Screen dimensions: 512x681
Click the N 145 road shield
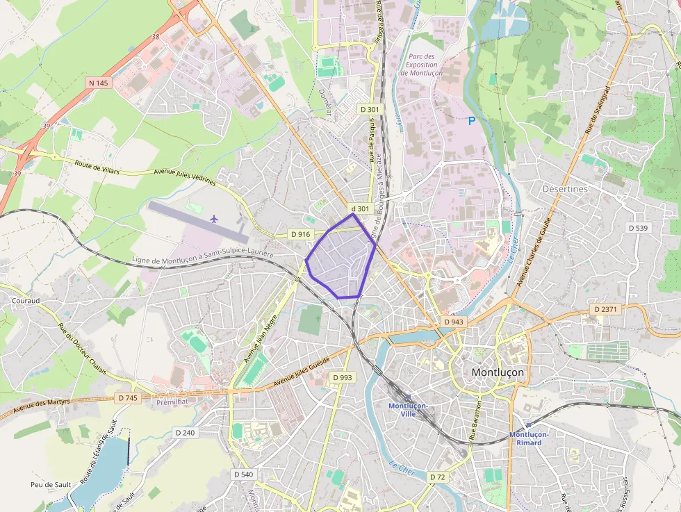[x=99, y=83]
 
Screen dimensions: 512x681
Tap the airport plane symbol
[x=214, y=219]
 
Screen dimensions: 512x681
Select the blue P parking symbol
[x=472, y=121]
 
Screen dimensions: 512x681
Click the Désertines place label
[x=564, y=188]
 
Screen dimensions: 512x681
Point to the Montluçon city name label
[x=498, y=372]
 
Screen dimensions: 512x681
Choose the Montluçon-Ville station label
[x=408, y=409]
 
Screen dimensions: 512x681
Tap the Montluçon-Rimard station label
[x=530, y=438]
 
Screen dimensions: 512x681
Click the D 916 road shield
[x=300, y=234]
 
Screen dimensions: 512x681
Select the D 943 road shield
[x=453, y=322]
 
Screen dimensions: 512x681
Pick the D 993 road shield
[x=343, y=377]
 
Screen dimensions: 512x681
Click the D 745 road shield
[x=128, y=397]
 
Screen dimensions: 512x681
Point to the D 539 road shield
[x=637, y=228]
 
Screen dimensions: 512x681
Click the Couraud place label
[x=25, y=301]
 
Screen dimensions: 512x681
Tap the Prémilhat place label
[x=173, y=402]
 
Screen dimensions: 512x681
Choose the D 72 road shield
[x=437, y=477]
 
